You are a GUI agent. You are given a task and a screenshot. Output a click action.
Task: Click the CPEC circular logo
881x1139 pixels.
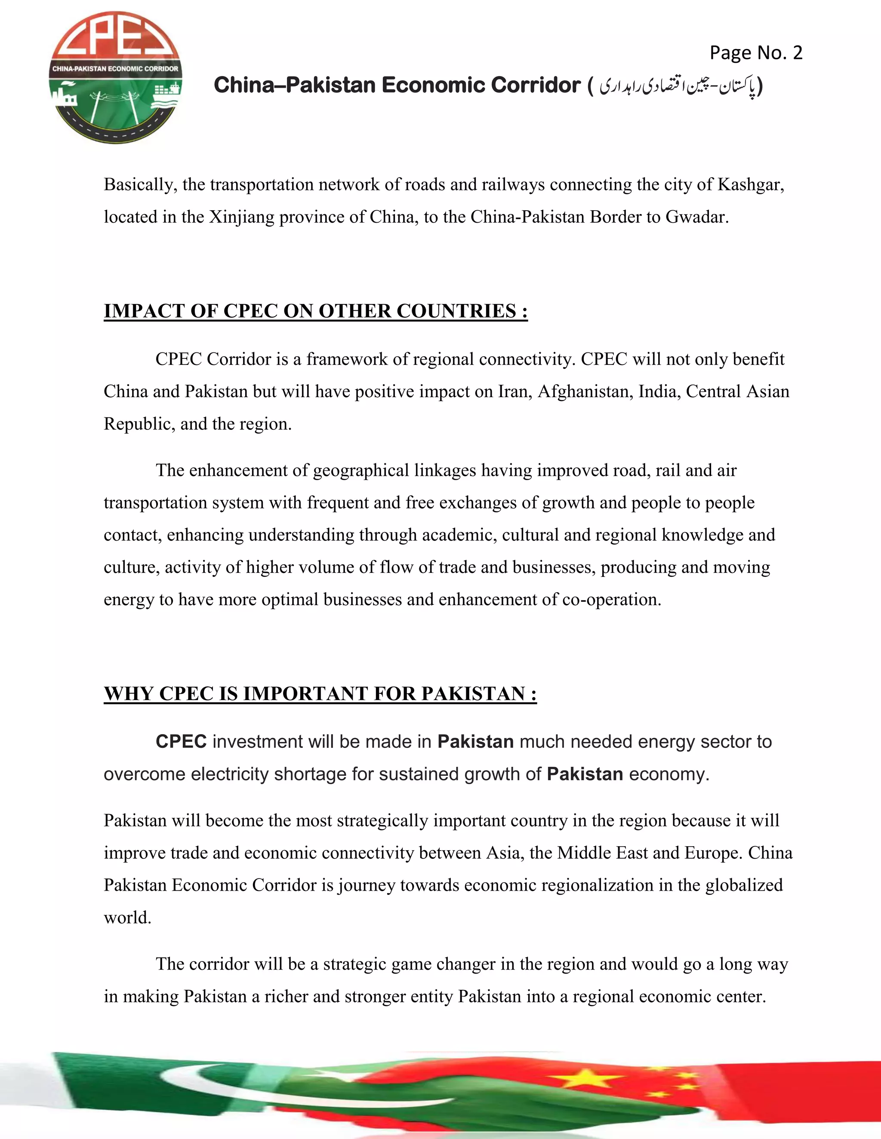pos(116,78)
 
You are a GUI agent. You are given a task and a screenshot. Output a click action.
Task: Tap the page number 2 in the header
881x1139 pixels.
pos(797,53)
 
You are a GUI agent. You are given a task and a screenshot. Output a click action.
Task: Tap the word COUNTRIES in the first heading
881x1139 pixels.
pos(456,311)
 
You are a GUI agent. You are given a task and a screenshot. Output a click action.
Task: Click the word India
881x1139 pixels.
pos(660,391)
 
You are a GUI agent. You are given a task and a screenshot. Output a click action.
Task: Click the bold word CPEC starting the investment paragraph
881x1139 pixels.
pos(181,741)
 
